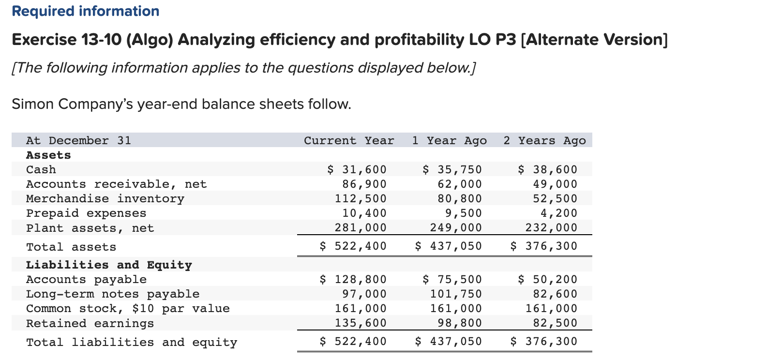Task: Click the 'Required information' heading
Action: coord(86,11)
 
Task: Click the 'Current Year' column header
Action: coord(349,141)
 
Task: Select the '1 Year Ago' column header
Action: coord(449,141)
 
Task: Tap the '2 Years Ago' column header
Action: coord(544,141)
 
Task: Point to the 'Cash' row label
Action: coord(41,170)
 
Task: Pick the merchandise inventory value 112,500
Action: coord(361,199)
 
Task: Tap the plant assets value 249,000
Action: coord(456,228)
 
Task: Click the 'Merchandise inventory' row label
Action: coord(105,199)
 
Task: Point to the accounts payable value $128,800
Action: coord(353,280)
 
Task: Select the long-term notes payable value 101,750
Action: coord(456,294)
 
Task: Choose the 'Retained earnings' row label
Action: coord(90,323)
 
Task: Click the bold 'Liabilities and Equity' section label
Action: coord(109,265)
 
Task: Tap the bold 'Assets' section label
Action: coord(48,155)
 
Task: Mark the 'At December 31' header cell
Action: coord(78,141)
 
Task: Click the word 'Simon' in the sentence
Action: coord(33,104)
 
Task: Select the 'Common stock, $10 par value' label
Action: coord(128,309)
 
